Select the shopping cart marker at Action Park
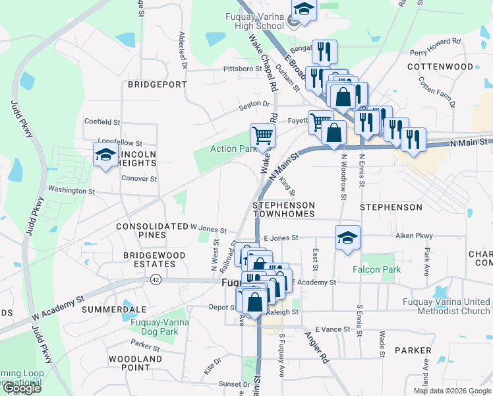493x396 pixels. point(262,136)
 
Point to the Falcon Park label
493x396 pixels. point(377,269)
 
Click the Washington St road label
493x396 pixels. point(72,191)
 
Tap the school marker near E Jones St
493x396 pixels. point(347,238)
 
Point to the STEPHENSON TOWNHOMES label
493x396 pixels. point(284,211)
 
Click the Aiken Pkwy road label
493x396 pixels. point(414,236)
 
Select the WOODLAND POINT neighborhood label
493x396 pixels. point(136,363)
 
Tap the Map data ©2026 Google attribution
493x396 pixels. point(452,391)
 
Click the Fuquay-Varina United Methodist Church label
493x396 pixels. point(447,307)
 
